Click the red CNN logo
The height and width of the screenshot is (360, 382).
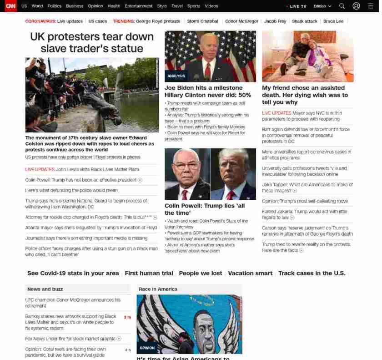[10, 6]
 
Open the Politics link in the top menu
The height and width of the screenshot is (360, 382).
[54, 6]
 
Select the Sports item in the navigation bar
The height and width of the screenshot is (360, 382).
[193, 6]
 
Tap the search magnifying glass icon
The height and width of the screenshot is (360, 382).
[342, 6]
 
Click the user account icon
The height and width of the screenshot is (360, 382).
[357, 6]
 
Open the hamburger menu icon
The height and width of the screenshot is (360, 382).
[371, 6]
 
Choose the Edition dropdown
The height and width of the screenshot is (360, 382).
[322, 6]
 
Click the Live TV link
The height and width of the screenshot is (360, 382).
[297, 6]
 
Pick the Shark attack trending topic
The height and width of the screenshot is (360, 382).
[305, 21]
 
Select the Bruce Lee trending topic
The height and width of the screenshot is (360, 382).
[333, 21]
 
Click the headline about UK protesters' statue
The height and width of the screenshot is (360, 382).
[92, 42]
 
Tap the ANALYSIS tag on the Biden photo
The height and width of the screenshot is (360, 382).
[176, 76]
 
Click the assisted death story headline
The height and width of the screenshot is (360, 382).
[305, 95]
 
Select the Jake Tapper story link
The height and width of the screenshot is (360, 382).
[307, 188]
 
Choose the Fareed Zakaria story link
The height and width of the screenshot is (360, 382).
[304, 214]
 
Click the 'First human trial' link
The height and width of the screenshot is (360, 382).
[149, 273]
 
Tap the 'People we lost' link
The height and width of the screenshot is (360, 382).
[201, 273]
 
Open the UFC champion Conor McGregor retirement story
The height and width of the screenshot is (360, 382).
[73, 303]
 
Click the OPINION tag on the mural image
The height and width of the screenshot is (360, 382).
[147, 348]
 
